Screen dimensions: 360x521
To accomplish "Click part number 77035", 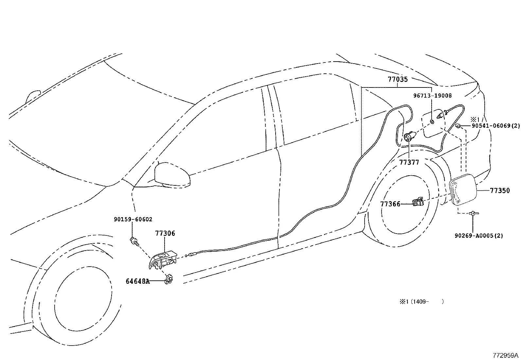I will click(398, 79).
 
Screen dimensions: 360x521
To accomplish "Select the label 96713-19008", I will click(432, 96).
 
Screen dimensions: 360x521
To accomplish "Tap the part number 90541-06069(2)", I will click(495, 126).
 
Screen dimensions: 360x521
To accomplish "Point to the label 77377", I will click(409, 162).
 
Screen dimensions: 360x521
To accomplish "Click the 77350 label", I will click(500, 191).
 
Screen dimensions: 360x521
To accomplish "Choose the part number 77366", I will click(390, 204).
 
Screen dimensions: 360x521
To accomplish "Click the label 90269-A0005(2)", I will click(479, 235).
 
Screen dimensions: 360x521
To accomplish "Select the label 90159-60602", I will click(133, 219).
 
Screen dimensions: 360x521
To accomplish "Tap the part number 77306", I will click(165, 233).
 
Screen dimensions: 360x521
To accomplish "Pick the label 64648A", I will click(138, 281).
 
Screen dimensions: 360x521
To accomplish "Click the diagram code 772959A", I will click(506, 355).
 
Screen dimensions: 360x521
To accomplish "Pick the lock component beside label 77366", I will click(418, 202).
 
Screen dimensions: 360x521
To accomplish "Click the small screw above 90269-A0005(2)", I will click(473, 214).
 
